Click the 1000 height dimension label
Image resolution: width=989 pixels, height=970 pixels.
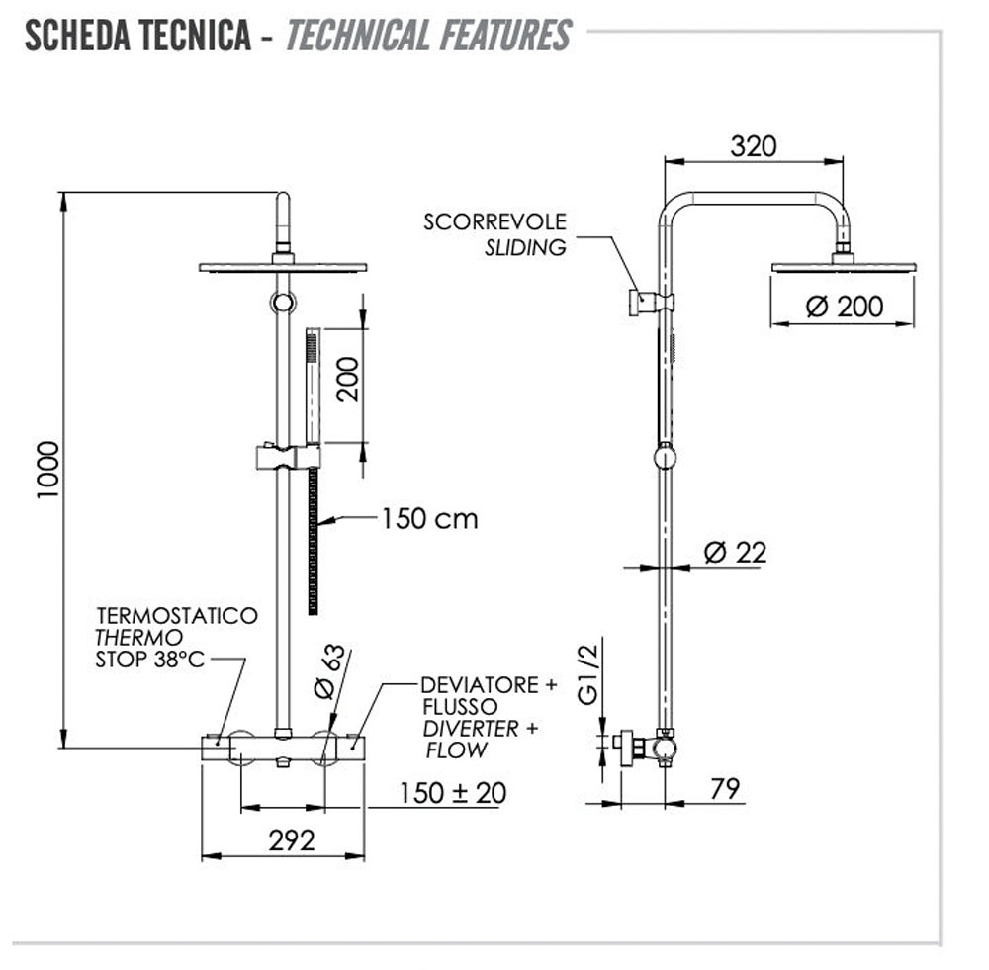click(49, 470)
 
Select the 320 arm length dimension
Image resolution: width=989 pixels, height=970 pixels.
click(754, 145)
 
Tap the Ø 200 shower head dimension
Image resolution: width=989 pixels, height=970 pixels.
click(845, 307)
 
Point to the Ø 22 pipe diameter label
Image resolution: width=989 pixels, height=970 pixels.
click(735, 553)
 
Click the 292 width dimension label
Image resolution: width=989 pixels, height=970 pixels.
click(291, 840)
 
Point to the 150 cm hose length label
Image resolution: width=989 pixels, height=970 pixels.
click(429, 518)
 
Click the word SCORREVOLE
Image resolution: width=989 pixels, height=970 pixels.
click(495, 222)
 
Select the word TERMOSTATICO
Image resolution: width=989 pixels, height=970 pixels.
click(177, 615)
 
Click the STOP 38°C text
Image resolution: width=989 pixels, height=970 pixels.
click(149, 660)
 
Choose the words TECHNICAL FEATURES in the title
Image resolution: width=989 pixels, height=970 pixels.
click(427, 36)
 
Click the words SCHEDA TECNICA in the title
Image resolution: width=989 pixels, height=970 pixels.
click(135, 36)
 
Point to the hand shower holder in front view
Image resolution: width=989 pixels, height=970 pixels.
click(287, 456)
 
